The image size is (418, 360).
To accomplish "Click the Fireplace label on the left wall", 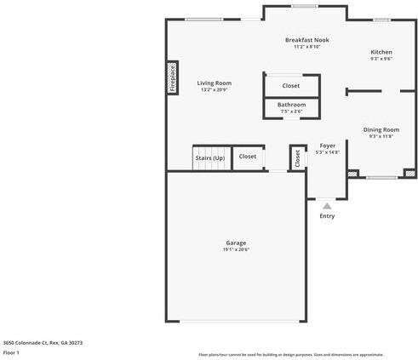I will [x=172, y=78].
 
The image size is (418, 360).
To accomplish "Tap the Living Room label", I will [x=215, y=83].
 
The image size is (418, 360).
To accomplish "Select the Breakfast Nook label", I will [x=306, y=40].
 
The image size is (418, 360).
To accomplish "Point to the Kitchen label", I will [x=381, y=52].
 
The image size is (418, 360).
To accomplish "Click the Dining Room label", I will [x=381, y=129].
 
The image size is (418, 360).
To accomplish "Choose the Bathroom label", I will [x=291, y=105].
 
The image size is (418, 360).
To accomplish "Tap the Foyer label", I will [x=327, y=146].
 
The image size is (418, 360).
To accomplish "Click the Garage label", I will [x=236, y=243].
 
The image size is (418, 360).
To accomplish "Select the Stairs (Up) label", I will [x=209, y=157].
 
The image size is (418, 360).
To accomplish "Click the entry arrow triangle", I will [x=327, y=205].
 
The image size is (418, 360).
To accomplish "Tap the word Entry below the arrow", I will [x=327, y=216].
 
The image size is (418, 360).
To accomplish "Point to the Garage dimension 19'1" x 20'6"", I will [x=236, y=249].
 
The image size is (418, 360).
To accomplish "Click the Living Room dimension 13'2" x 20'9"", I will [x=215, y=89].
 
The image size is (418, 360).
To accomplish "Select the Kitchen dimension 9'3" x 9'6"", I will [x=381, y=59].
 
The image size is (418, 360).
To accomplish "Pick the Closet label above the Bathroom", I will [x=291, y=86].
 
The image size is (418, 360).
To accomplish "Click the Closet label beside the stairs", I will [x=248, y=157].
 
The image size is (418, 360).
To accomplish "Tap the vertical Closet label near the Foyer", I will [x=297, y=157].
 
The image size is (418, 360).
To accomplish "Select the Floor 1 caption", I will [x=11, y=352].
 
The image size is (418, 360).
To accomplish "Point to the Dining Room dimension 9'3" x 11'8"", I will [x=381, y=136].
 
